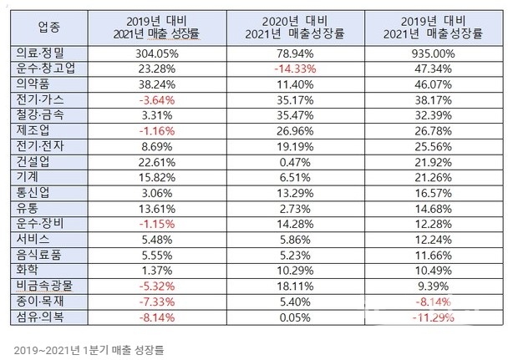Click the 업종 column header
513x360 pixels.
(x=49, y=27)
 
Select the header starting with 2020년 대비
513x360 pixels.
(x=295, y=28)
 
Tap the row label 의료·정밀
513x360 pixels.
(x=40, y=53)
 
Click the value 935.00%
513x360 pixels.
(x=433, y=53)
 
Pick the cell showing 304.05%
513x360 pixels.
(x=157, y=53)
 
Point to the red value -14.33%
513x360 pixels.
(x=295, y=69)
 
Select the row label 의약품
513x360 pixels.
(x=33, y=84)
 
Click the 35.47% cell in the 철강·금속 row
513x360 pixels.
(x=295, y=115)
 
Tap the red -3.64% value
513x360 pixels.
(x=157, y=100)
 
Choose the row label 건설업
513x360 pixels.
(x=33, y=161)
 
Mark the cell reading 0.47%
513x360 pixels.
(x=295, y=162)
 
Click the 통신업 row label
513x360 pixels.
(x=33, y=193)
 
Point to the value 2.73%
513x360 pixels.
(x=295, y=209)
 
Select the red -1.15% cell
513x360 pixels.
(x=157, y=224)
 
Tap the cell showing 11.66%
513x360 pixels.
(x=433, y=255)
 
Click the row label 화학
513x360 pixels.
(x=28, y=270)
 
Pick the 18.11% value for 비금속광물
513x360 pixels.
(x=295, y=286)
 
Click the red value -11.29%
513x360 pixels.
(x=433, y=317)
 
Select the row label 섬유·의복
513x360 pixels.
(x=40, y=317)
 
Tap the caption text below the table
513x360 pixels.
(x=89, y=350)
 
